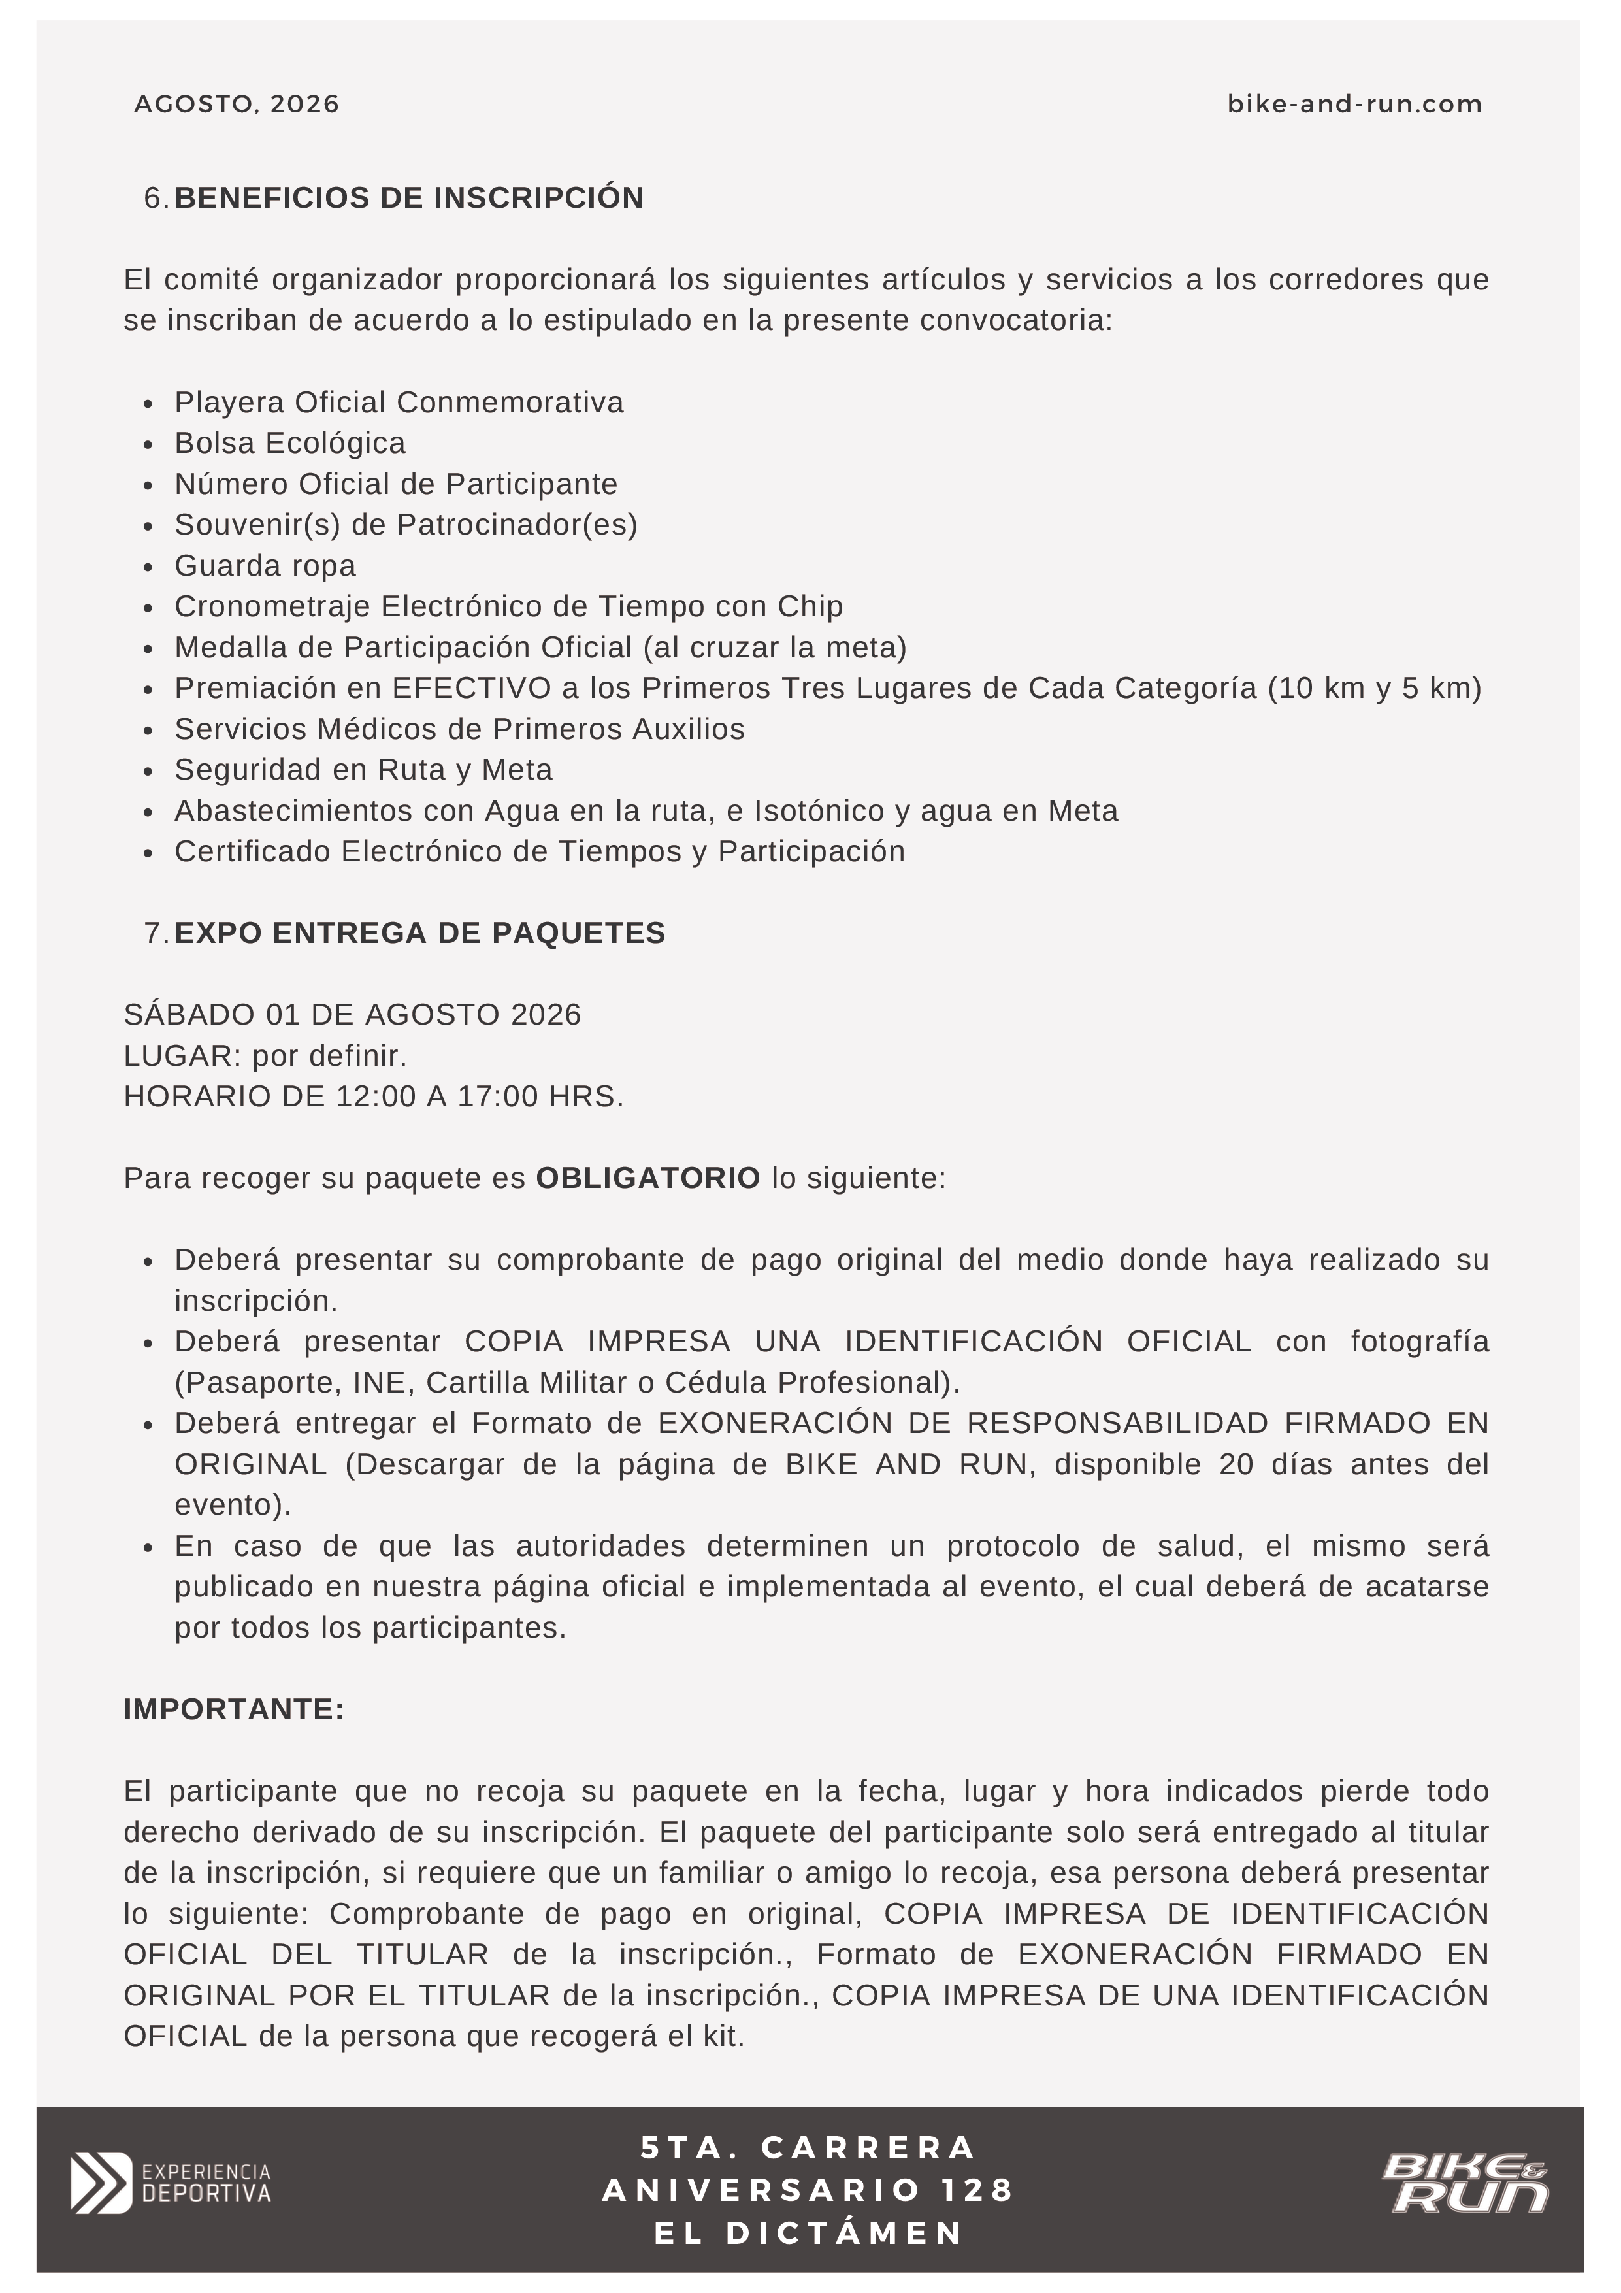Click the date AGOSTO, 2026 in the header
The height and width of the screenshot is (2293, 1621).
pos(237,104)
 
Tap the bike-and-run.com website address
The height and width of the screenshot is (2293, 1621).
pos(1354,104)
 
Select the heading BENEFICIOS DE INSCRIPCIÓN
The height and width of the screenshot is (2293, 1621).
pos(408,198)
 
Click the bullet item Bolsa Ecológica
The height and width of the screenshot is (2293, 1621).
pos(289,442)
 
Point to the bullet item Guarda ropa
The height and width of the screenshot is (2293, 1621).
pos(265,565)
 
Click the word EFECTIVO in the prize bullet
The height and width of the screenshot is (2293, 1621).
pos(472,688)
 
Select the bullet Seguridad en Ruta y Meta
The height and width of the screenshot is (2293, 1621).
pos(363,769)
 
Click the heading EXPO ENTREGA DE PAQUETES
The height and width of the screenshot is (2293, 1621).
pos(419,932)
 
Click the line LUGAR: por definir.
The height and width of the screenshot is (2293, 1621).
pos(265,1055)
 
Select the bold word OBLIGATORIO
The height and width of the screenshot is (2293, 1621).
pos(648,1178)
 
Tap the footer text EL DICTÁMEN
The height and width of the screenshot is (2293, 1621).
pos(809,2233)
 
